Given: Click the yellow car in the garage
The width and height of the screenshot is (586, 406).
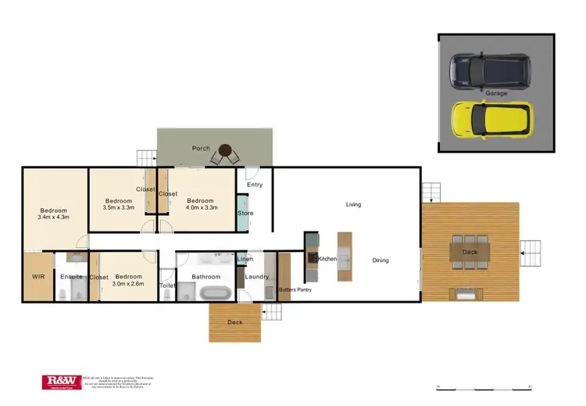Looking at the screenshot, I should (x=491, y=117).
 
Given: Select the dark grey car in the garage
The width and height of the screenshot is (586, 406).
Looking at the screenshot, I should (x=489, y=70).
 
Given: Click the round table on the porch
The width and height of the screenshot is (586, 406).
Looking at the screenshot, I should (x=226, y=150).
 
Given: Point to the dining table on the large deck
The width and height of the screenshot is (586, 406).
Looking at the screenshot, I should (x=470, y=251).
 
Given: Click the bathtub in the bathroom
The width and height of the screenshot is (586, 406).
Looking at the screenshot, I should (x=214, y=293).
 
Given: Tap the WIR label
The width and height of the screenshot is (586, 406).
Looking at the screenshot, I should (x=38, y=277).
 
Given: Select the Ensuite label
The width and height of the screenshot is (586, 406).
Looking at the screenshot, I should (x=71, y=277).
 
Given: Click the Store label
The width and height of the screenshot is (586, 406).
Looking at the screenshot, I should (x=245, y=213).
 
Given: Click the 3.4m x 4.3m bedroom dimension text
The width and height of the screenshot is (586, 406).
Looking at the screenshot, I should (x=53, y=217).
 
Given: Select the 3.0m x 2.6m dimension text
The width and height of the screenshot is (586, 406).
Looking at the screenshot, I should (x=128, y=285).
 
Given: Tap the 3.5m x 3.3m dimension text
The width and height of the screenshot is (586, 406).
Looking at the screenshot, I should (x=120, y=208).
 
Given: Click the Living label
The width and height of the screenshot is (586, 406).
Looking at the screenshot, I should (x=353, y=204).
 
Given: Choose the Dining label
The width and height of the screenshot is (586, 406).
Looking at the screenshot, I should (x=380, y=260).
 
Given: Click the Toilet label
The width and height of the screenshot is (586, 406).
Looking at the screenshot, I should (x=167, y=286).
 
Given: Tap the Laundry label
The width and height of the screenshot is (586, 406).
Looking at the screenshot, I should (x=257, y=277).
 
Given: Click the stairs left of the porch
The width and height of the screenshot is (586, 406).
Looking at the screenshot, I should (x=147, y=157).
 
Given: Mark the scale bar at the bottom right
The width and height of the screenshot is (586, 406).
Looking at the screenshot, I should (x=484, y=387).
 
